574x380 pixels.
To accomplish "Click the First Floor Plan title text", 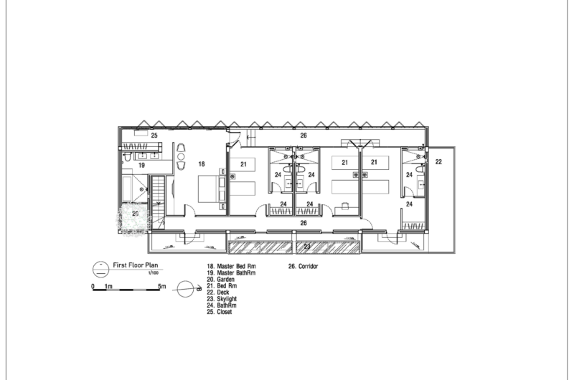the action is pyautogui.click(x=136, y=265).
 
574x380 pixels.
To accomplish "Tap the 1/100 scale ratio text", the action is pyautogui.click(x=154, y=273).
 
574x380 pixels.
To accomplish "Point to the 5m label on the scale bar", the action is pyautogui.click(x=162, y=286).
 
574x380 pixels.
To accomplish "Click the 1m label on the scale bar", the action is pyautogui.click(x=109, y=286).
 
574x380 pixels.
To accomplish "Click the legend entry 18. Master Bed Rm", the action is pyautogui.click(x=231, y=266).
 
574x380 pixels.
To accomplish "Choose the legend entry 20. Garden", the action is pyautogui.click(x=221, y=280).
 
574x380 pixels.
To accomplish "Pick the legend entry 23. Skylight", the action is pyautogui.click(x=222, y=299).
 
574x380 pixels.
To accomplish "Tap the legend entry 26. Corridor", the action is pyautogui.click(x=303, y=266).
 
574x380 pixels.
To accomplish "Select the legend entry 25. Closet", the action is pyautogui.click(x=220, y=312).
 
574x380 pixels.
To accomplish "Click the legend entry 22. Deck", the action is pyautogui.click(x=218, y=293).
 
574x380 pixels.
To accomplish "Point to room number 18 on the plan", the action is pyautogui.click(x=202, y=164).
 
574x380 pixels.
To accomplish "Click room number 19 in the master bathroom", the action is pyautogui.click(x=141, y=166).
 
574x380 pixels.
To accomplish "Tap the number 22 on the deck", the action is pyautogui.click(x=438, y=161).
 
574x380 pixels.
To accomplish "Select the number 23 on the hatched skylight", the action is pyautogui.click(x=307, y=247).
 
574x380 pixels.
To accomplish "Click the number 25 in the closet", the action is pyautogui.click(x=154, y=136).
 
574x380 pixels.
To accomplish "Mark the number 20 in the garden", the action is pyautogui.click(x=136, y=214).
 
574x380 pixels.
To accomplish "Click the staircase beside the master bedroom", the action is pyautogui.click(x=158, y=197).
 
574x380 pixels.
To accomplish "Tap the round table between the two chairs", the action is pyautogui.click(x=181, y=157).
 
